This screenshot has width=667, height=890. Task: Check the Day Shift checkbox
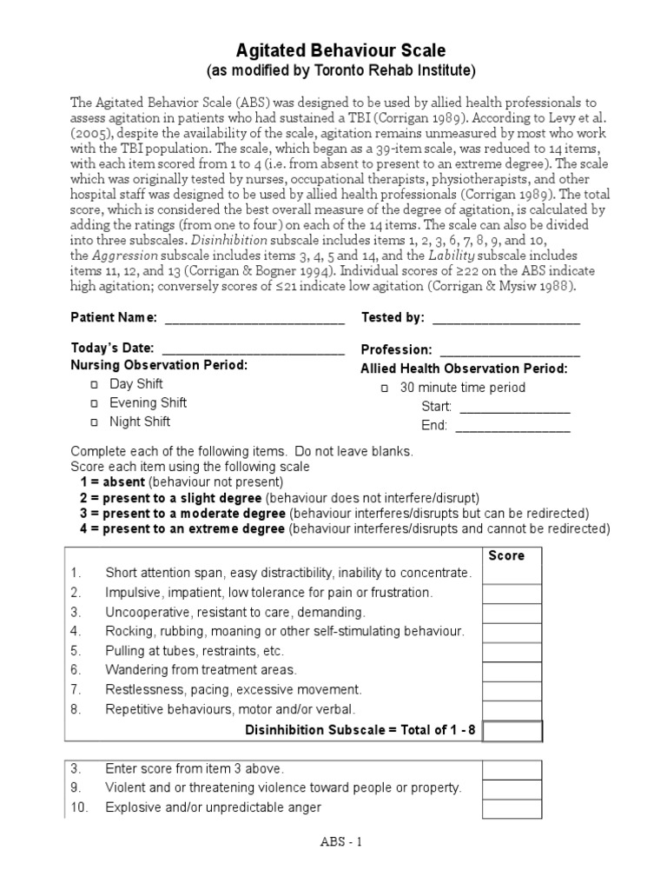[95, 384]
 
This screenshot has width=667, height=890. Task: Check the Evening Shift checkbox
[95, 403]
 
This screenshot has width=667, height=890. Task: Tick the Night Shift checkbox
[95, 422]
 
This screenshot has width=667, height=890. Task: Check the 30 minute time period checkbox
[385, 389]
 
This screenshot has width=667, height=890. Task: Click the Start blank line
[514, 408]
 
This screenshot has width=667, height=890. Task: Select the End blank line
[512, 427]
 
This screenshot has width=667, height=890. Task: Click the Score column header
[506, 555]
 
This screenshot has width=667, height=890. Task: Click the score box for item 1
[512, 575]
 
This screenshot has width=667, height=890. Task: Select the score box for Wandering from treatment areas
[512, 671]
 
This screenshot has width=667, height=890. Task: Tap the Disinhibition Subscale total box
[512, 730]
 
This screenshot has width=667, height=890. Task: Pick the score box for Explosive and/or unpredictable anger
[512, 808]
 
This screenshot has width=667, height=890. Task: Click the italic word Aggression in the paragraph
[125, 255]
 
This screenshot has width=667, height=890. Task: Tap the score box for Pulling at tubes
[512, 652]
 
